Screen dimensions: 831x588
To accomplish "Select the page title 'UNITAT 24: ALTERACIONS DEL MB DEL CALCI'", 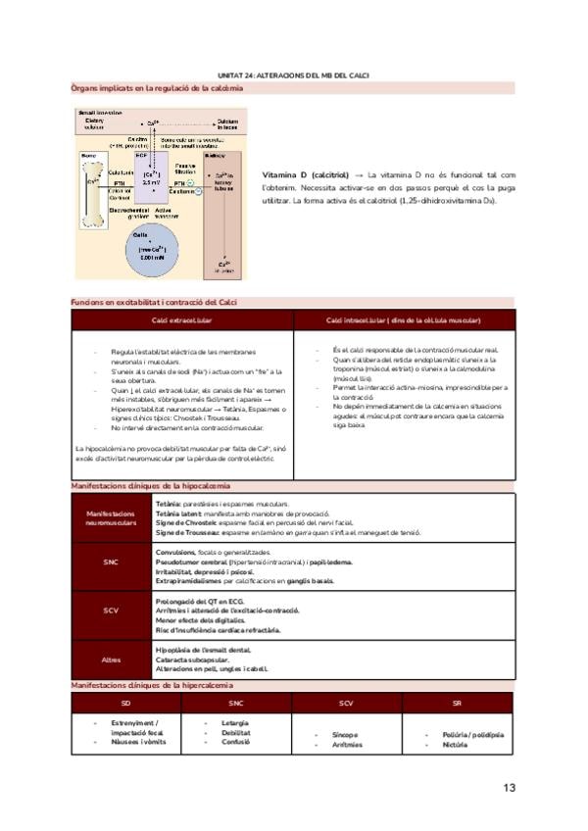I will tap(293, 76).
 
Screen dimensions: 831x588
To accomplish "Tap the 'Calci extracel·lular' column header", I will tap(182, 320).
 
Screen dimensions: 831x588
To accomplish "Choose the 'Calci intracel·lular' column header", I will tap(404, 320).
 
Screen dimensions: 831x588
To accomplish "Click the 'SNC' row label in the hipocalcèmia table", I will tap(111, 562).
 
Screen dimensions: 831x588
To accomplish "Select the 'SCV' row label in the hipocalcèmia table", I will tap(111, 610).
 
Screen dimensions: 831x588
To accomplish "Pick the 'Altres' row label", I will tap(111, 659).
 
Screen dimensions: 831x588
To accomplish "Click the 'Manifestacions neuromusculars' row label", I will tap(111, 517).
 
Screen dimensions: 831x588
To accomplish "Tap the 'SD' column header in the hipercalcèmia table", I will tap(125, 704).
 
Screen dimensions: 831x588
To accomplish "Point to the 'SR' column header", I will tap(458, 704).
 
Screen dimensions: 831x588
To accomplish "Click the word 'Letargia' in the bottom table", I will tap(235, 723).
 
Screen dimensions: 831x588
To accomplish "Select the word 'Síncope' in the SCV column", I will tap(345, 734).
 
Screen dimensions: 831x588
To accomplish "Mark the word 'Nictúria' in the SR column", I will tap(455, 744).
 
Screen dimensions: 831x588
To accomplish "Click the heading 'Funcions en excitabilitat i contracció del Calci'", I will tap(154, 302).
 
